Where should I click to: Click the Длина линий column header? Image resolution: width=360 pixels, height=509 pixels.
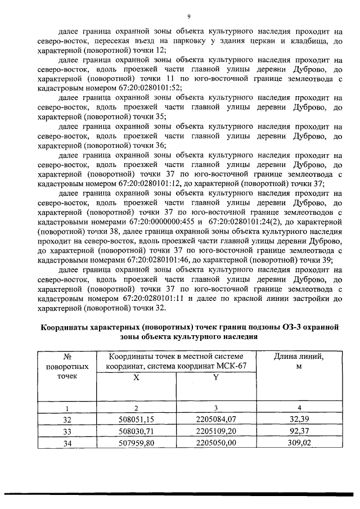click(x=299, y=356)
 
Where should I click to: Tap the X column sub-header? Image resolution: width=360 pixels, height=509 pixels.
click(x=137, y=379)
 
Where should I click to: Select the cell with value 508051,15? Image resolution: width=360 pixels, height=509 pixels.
click(x=137, y=420)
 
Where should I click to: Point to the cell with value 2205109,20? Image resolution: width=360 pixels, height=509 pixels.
click(x=215, y=431)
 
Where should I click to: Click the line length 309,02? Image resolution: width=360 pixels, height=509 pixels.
click(x=299, y=443)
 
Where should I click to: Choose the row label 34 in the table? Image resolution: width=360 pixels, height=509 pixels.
click(x=67, y=443)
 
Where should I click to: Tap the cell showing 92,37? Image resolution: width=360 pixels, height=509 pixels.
click(x=299, y=431)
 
